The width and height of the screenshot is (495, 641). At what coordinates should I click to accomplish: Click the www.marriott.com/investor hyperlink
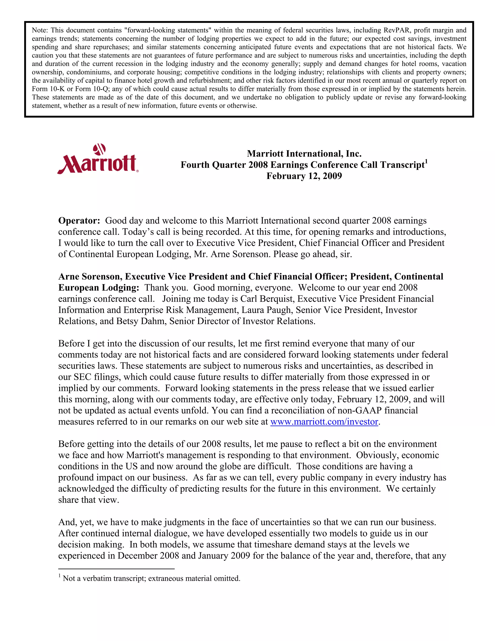324,422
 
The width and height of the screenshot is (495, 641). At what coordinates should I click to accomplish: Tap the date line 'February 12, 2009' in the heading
304,176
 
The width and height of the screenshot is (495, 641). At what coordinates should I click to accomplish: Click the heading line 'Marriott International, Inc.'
304,154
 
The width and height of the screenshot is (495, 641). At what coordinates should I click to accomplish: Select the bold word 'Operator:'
79,221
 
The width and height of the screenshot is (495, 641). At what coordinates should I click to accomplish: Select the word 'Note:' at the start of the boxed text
40,30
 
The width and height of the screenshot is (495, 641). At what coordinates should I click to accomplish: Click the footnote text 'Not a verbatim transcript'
104,579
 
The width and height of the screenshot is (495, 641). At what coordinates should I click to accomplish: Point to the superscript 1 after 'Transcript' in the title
426,161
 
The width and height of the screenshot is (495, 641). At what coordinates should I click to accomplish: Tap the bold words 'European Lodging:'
99,288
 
